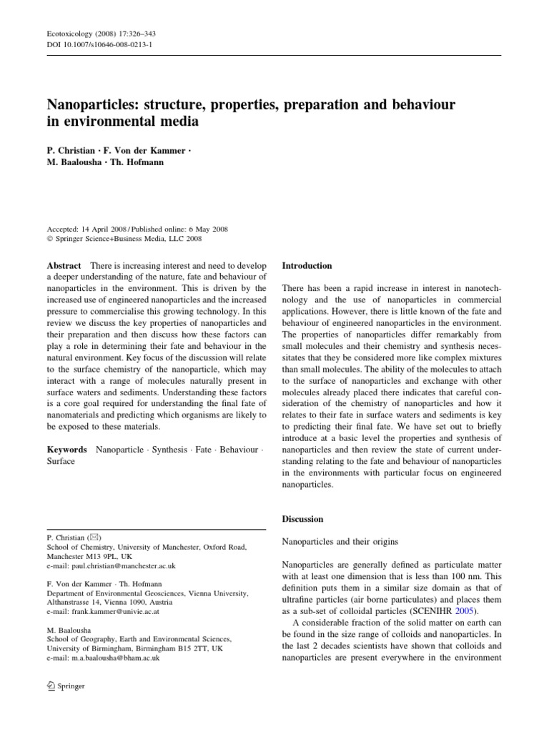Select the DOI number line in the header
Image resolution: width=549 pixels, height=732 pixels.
coord(93,44)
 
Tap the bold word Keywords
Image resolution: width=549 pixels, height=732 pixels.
coord(67,450)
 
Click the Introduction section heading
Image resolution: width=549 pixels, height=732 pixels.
coord(307,265)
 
